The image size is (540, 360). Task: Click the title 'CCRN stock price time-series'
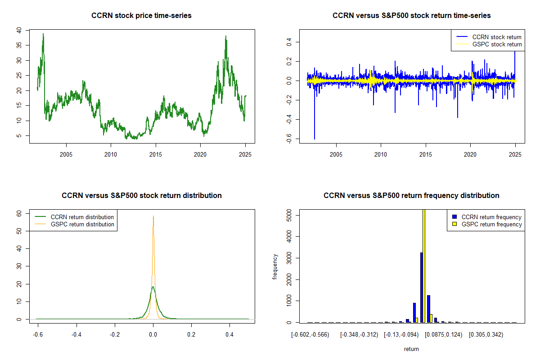(141, 16)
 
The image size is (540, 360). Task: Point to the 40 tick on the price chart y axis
(19, 30)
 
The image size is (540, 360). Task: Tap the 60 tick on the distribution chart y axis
(19, 214)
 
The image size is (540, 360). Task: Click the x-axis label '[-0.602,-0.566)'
(310, 335)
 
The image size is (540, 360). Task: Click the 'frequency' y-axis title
(275, 267)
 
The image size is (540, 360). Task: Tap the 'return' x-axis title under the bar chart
(411, 349)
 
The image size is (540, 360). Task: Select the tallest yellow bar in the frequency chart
(423, 265)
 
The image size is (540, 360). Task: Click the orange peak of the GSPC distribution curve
(153, 216)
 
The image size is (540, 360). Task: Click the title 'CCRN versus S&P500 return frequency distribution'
(411, 196)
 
